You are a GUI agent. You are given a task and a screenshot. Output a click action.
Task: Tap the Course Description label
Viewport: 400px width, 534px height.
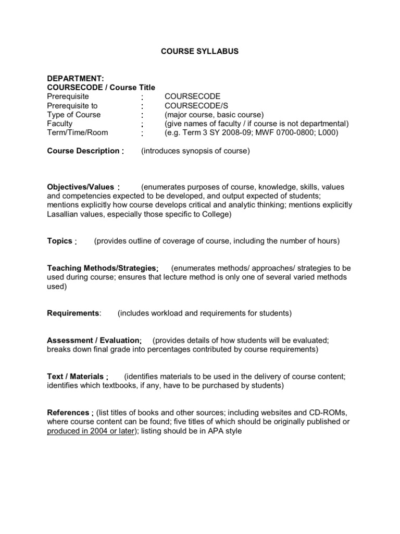pos(83,151)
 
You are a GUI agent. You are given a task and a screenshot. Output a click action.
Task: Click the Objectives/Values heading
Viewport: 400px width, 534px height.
pos(82,187)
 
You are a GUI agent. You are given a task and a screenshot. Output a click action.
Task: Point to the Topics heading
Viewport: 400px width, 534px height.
pos(59,241)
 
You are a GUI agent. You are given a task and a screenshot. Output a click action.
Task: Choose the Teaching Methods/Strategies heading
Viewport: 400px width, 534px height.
pos(102,268)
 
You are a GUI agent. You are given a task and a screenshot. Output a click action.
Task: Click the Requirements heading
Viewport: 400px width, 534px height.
pos(73,313)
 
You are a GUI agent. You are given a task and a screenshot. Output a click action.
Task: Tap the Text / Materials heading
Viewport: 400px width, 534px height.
pos(76,377)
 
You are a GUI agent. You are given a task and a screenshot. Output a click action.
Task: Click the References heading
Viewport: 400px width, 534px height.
pos(68,412)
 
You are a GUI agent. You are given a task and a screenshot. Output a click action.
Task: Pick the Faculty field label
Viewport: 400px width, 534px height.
pos(60,124)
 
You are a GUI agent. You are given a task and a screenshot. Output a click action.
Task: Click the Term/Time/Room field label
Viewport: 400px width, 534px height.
pos(78,132)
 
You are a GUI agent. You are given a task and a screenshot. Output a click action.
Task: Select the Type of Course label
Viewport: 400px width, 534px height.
pos(74,115)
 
